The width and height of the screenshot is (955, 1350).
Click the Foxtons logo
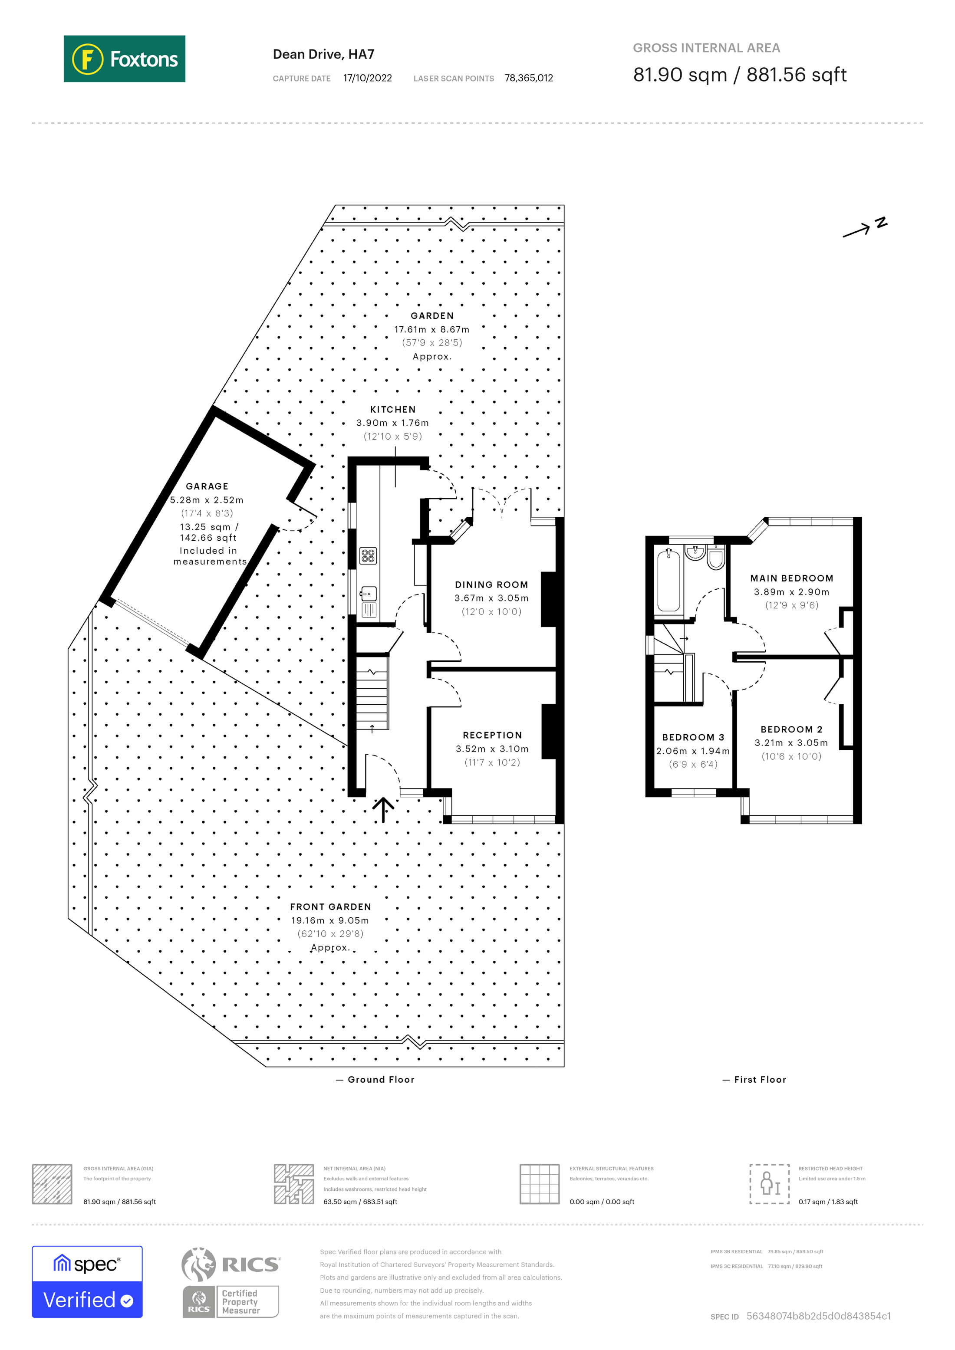(124, 59)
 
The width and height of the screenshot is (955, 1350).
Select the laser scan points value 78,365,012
(528, 78)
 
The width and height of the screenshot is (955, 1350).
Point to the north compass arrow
(863, 227)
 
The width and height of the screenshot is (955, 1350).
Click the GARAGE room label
(207, 486)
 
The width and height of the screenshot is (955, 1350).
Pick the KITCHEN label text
(393, 409)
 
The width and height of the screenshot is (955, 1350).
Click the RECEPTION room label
(492, 735)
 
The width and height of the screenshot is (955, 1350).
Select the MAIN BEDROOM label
(791, 578)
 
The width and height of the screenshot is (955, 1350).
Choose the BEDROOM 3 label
(693, 737)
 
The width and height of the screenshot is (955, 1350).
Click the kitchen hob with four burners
(368, 555)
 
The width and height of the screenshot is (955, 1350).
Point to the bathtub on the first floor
(668, 580)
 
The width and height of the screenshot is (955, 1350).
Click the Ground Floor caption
(380, 1080)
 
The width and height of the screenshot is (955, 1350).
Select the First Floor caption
(760, 1080)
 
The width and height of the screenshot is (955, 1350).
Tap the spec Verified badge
(87, 1282)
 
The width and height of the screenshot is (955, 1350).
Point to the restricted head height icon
(769, 1184)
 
